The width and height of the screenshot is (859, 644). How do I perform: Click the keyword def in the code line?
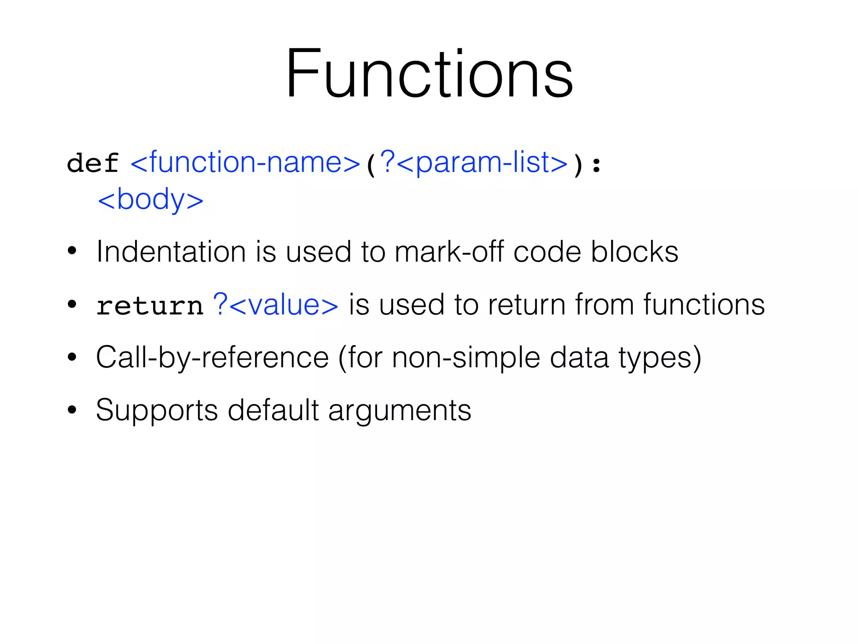93,164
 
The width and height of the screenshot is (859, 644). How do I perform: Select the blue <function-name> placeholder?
246,163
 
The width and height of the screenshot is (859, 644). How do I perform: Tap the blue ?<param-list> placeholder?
473,163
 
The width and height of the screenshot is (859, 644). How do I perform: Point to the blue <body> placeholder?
150,200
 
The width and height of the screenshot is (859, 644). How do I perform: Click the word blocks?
634,252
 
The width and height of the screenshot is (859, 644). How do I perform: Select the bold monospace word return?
150,306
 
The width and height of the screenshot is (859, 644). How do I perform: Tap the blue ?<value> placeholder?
276,305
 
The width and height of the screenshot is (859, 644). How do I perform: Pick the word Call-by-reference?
212,358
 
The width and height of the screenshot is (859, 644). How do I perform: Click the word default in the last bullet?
273,410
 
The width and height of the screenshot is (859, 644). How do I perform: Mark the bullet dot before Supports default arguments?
72,410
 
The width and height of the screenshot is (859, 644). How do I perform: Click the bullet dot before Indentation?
72,251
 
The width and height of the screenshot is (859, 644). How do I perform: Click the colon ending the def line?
597,165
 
